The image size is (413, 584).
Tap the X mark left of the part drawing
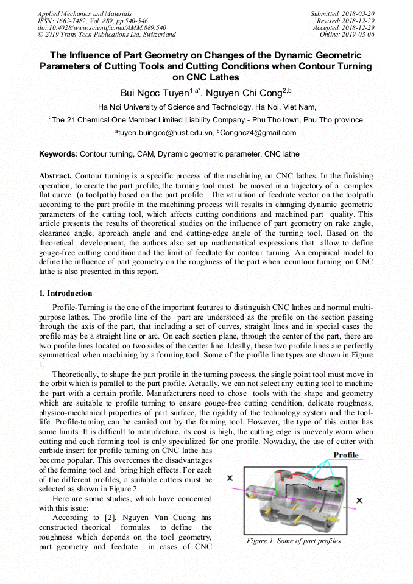[x=230, y=478]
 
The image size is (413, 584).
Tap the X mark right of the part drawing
[x=360, y=500]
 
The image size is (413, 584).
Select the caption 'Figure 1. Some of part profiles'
[x=294, y=541]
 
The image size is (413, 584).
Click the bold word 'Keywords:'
[x=58, y=154]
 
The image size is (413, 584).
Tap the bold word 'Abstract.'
[x=56, y=175]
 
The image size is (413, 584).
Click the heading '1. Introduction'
[x=66, y=293]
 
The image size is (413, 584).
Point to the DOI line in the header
[x=102, y=27]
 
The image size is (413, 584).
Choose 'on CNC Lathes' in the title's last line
[x=206, y=77]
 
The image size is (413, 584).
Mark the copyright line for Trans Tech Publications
[x=107, y=35]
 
